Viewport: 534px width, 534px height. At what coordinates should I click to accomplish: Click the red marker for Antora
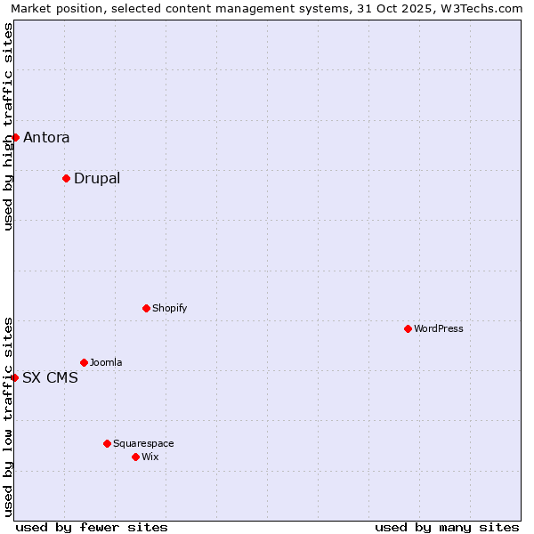15,137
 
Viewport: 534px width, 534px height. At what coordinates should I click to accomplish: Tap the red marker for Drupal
66,178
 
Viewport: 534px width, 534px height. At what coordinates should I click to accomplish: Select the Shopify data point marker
146,308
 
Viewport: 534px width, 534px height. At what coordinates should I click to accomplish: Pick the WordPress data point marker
408,328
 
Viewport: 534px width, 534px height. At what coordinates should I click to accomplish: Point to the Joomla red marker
84,362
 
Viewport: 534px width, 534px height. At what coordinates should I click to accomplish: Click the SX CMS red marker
14,377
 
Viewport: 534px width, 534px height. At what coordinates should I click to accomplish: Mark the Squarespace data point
107,443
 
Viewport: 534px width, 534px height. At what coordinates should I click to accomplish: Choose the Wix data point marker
135,457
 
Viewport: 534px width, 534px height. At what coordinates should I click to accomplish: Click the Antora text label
46,137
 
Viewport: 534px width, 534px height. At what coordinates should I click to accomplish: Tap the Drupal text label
97,178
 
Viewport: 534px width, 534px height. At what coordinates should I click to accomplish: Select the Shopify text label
169,308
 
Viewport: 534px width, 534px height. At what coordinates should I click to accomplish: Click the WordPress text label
438,328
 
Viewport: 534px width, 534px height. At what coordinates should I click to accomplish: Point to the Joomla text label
106,362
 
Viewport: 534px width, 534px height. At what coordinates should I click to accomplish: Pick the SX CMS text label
50,377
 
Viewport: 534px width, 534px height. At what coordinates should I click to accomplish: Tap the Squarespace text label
143,443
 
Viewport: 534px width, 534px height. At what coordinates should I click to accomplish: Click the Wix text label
150,457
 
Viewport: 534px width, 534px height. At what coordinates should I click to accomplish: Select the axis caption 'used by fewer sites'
92,527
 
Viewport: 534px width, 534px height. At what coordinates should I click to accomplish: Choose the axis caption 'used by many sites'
447,527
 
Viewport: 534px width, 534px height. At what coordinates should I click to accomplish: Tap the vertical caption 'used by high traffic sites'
8,126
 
